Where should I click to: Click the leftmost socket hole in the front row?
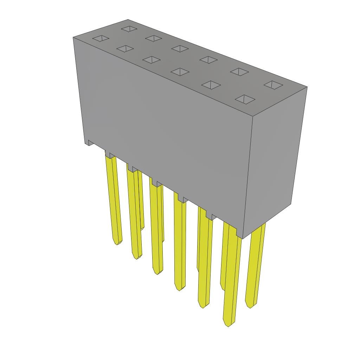pyautogui.click(x=101, y=38)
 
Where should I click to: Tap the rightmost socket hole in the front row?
pyautogui.click(x=245, y=99)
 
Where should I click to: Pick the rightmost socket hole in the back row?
pyautogui.click(x=273, y=84)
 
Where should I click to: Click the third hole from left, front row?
pyautogui.click(x=152, y=60)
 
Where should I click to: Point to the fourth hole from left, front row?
pyautogui.click(x=180, y=72)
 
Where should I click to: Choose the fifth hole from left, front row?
pyautogui.click(x=211, y=85)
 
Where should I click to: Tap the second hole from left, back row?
pyautogui.click(x=154, y=38)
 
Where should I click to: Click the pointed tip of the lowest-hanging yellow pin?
pyautogui.click(x=228, y=324)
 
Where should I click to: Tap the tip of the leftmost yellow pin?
pyautogui.click(x=117, y=243)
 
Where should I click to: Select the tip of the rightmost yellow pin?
pyautogui.click(x=250, y=306)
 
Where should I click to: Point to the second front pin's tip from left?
pyautogui.click(x=136, y=258)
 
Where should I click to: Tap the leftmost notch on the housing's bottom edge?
pyautogui.click(x=90, y=143)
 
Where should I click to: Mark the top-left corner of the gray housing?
pyautogui.click(x=73, y=37)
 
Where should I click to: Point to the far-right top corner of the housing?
pyautogui.click(x=307, y=87)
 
